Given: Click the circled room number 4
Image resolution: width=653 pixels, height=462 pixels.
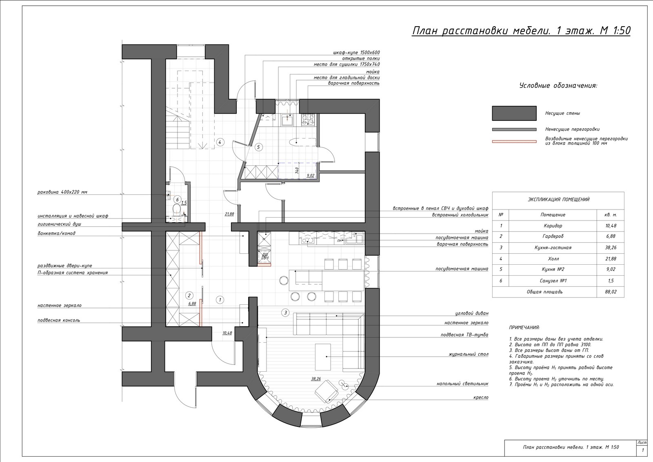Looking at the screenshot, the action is point(220,143).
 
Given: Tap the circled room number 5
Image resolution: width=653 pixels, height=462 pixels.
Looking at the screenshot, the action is point(258,147).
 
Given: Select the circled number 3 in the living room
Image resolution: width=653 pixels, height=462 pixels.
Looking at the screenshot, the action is point(285,312).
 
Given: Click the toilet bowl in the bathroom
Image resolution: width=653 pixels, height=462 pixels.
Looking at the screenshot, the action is point(177,209).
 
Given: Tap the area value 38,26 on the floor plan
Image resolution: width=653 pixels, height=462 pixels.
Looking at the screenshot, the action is point(316,379).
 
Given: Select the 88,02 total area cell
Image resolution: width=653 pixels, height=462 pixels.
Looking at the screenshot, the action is point(611,292).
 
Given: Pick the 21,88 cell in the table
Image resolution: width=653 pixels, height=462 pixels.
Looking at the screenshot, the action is point(611,259).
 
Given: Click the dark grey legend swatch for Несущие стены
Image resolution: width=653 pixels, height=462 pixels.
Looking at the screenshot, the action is point(514,113).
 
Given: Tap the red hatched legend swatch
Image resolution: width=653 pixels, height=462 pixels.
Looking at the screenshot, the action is point(514,142).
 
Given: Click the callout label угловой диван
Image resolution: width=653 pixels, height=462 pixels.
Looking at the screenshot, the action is point(472,313).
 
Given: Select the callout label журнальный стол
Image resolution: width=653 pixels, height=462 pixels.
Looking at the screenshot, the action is point(469,354).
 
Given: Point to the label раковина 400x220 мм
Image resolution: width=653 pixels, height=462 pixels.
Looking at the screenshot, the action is point(62,192).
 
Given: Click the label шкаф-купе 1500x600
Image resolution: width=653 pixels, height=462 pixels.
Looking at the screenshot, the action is point(357,53).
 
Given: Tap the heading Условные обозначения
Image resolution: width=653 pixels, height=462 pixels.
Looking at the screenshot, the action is point(558,86).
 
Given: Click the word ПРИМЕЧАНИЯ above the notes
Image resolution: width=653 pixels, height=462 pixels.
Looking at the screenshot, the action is point(524,328).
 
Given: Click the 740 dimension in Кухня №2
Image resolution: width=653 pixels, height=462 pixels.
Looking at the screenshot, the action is point(297,170).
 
